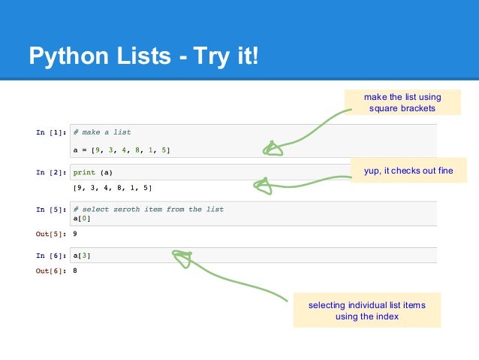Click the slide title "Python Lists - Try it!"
(x=142, y=56)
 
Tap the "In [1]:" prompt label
(x=50, y=132)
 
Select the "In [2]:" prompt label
(x=50, y=171)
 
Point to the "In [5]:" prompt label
(x=50, y=210)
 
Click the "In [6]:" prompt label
(x=50, y=256)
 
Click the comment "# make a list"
(x=101, y=132)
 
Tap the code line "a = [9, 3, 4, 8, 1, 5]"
(x=121, y=150)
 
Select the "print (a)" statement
(x=93, y=171)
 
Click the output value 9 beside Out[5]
(x=75, y=233)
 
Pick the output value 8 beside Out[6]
(x=75, y=271)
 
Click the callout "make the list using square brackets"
(x=402, y=103)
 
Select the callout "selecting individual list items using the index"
(x=366, y=310)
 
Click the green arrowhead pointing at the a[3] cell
(x=182, y=259)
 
